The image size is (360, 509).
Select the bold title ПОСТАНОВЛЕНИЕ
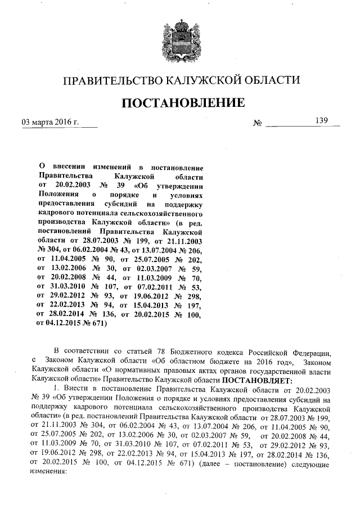(180, 103)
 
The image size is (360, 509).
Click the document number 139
(321, 120)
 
